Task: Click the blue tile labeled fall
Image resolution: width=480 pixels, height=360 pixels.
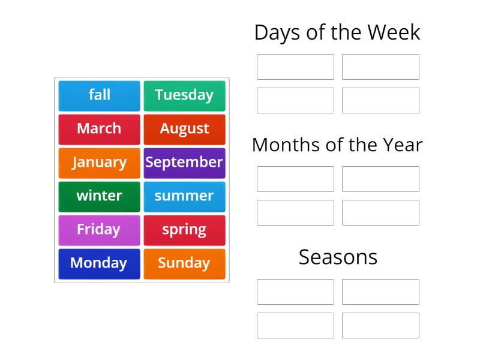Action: (x=99, y=95)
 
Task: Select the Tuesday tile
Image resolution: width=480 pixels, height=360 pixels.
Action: (x=184, y=95)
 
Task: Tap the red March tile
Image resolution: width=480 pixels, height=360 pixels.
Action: (x=99, y=129)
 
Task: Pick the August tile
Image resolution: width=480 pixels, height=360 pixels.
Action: (x=184, y=129)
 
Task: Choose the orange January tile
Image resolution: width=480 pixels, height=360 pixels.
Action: (x=99, y=163)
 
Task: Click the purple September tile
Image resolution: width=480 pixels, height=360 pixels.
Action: (x=184, y=163)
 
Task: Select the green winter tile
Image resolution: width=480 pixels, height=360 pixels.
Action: (x=99, y=196)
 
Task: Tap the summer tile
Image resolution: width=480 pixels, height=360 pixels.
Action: (x=184, y=196)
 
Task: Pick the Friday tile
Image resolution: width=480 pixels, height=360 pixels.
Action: (x=99, y=230)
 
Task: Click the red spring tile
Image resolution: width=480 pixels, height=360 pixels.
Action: (x=184, y=230)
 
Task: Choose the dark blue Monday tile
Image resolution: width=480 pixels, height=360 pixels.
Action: (x=99, y=263)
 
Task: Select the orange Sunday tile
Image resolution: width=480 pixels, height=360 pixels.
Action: (x=184, y=263)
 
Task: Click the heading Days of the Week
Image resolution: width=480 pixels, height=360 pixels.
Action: (x=337, y=32)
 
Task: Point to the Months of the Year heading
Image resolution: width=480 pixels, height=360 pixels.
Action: (x=337, y=145)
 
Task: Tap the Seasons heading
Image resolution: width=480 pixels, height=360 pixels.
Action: (x=338, y=257)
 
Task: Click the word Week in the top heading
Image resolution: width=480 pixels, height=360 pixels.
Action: (x=395, y=32)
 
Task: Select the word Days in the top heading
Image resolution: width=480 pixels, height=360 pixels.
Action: (x=275, y=32)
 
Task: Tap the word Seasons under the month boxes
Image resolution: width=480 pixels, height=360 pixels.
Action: (x=338, y=257)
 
